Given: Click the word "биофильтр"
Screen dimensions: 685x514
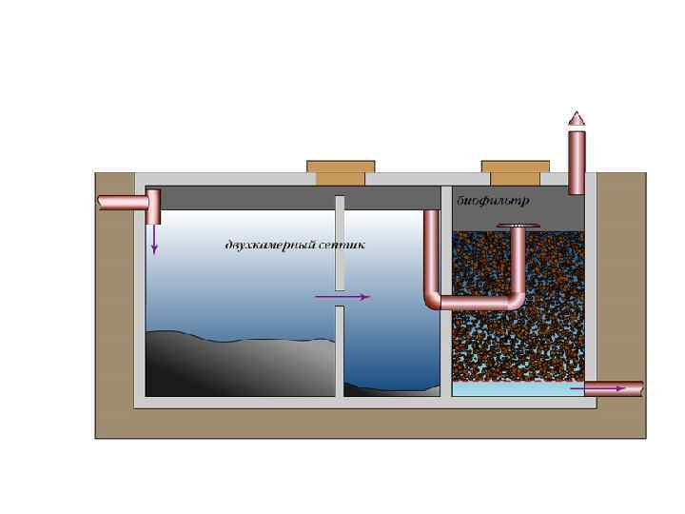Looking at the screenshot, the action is [492, 202].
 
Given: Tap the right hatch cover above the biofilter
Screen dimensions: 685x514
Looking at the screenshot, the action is [515, 172].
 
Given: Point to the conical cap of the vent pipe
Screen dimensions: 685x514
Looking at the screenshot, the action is [577, 119].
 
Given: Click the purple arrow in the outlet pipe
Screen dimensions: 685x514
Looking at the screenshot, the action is [609, 388].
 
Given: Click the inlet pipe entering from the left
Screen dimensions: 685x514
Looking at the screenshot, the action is [121, 202].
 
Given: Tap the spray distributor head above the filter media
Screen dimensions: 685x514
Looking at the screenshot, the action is [519, 226].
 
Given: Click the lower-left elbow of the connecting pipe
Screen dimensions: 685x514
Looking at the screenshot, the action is [433, 300].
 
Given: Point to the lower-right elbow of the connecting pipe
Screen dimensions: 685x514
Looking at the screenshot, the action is [516, 300].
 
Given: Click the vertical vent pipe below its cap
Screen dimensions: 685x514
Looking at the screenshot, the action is [577, 162].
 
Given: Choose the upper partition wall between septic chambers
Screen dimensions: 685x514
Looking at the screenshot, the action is [339, 243].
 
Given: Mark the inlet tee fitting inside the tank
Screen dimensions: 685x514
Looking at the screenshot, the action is [153, 202].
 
